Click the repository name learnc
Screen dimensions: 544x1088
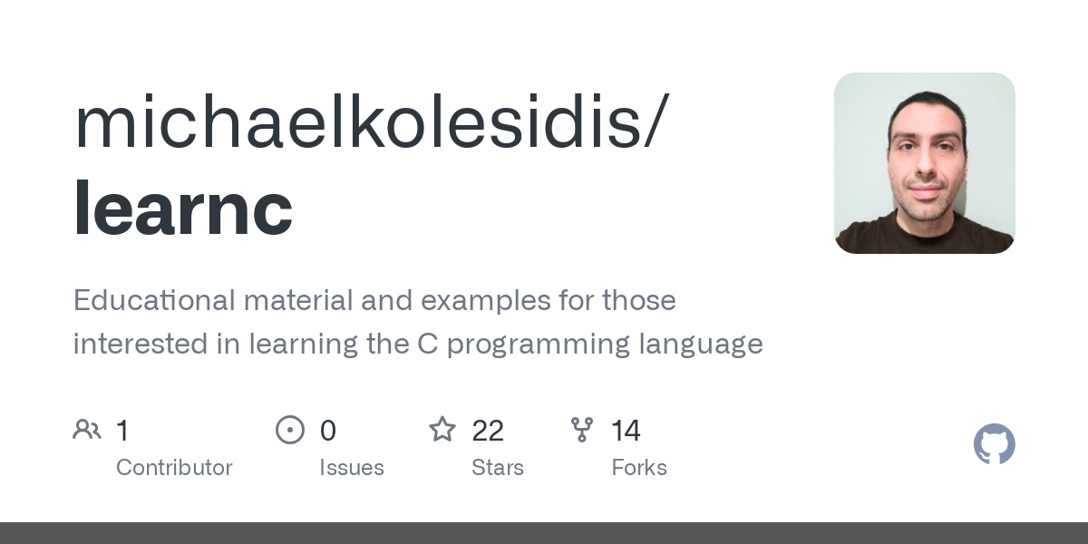[183, 209]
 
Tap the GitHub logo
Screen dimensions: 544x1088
[994, 444]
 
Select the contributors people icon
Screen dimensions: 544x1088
[87, 430]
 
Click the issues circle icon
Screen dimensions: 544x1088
[290, 430]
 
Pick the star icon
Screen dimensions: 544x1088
[442, 430]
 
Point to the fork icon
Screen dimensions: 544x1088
[582, 430]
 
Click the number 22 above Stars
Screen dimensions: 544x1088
[488, 431]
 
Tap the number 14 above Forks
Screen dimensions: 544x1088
[626, 431]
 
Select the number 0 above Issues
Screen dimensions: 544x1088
[328, 431]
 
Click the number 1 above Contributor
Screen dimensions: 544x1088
[122, 431]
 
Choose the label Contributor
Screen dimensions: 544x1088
[174, 468]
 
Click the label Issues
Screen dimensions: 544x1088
[352, 468]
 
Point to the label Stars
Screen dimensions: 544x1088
[498, 468]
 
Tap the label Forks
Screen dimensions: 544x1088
[639, 468]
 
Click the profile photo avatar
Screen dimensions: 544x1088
[925, 163]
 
